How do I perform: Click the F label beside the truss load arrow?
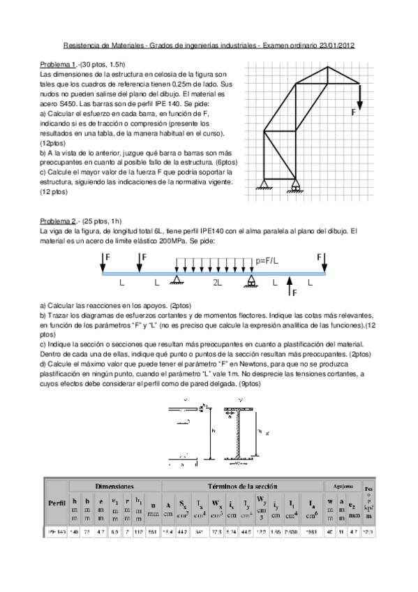pos(354,111)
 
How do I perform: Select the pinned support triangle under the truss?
pos(263,184)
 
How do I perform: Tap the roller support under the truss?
pos(297,185)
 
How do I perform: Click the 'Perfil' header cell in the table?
pos(57,502)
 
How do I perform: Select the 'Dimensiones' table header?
pos(114,484)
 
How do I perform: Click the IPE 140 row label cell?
pos(57,532)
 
